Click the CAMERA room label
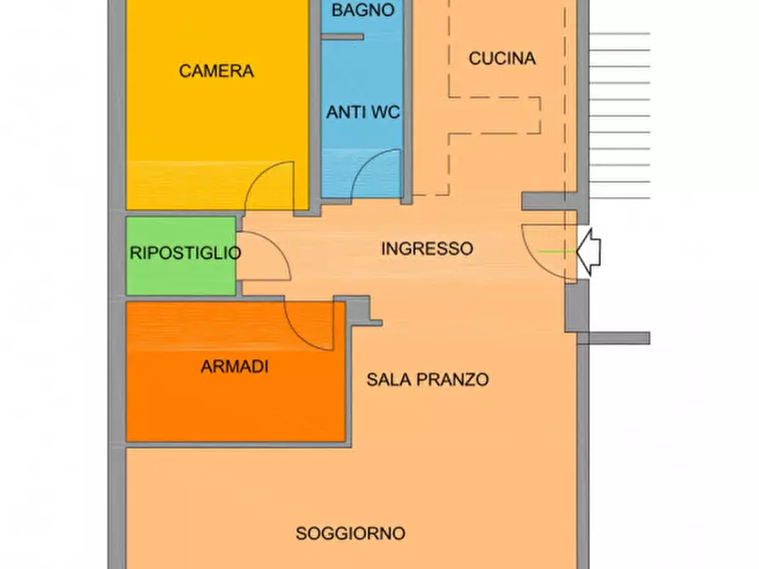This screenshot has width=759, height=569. [x=216, y=71]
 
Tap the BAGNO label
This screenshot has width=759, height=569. [x=362, y=11]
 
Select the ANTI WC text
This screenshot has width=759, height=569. [x=363, y=112]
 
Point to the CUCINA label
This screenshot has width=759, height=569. [x=501, y=59]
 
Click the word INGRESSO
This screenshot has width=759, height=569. [x=427, y=249]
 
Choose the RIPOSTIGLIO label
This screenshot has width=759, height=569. [x=184, y=253]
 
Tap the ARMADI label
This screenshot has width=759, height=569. [x=235, y=367]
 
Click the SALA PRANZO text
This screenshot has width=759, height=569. [x=428, y=380]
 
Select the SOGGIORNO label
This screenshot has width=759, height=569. [x=350, y=534]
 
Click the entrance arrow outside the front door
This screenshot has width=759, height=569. [x=589, y=251]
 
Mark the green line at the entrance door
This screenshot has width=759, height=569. [x=556, y=251]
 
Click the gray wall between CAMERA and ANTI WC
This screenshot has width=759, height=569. [x=314, y=102]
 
